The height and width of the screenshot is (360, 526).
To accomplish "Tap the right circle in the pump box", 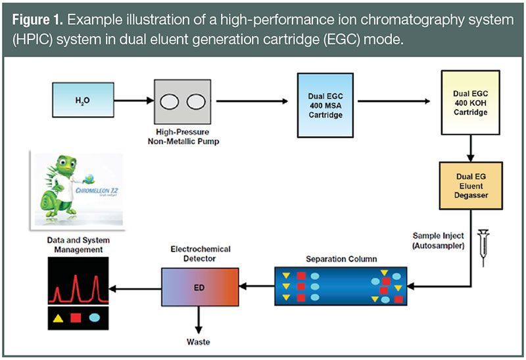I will pyautogui.click(x=195, y=101).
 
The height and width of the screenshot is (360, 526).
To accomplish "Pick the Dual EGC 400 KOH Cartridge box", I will pyautogui.click(x=470, y=102).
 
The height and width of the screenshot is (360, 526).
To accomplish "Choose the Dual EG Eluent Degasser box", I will pyautogui.click(x=470, y=185).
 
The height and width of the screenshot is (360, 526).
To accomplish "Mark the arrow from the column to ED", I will pyautogui.click(x=256, y=286).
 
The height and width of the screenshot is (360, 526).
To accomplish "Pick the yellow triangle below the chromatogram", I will pyautogui.click(x=57, y=318).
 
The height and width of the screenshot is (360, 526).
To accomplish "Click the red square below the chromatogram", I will pyautogui.click(x=76, y=318).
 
